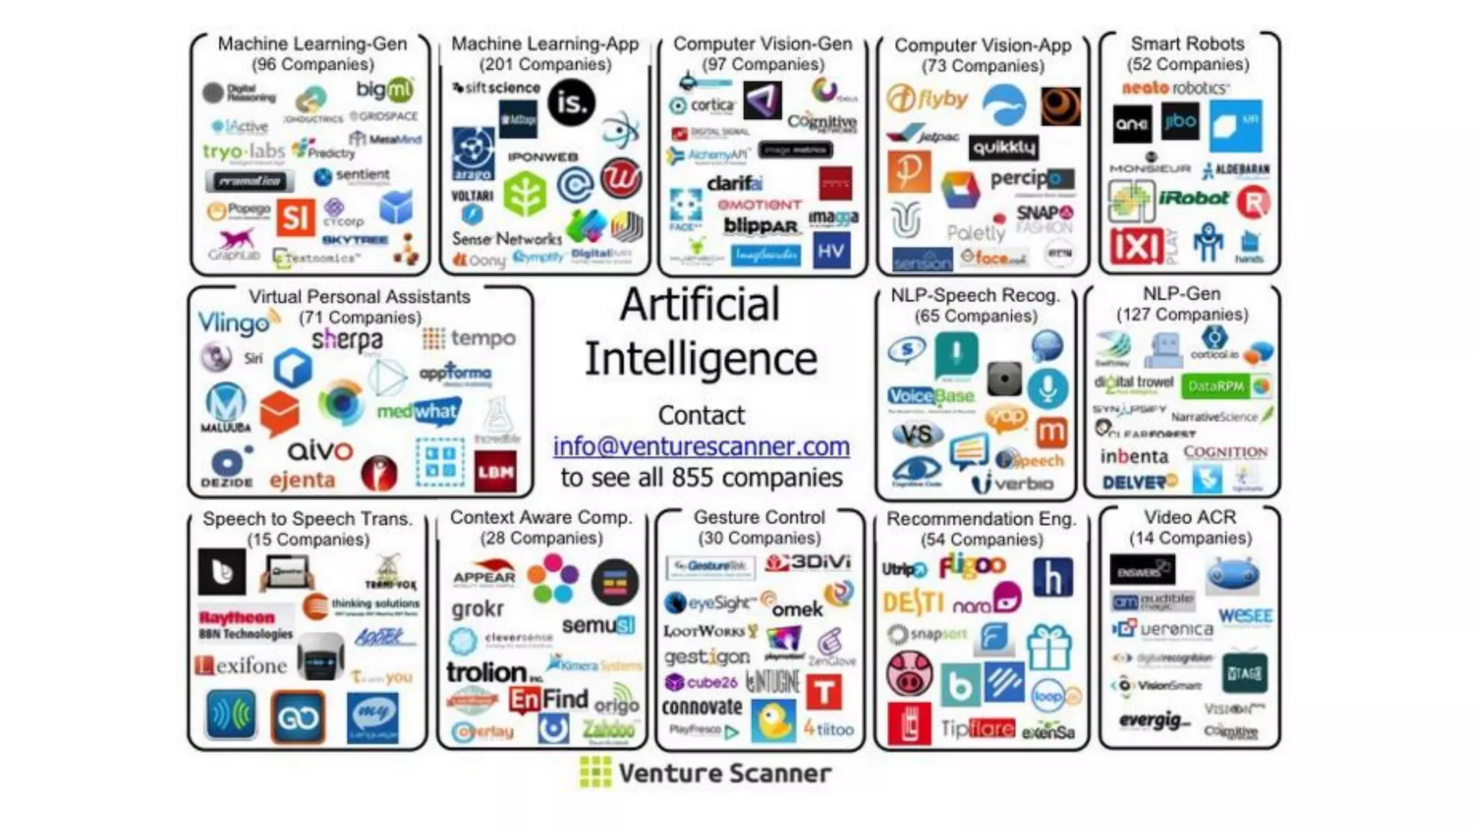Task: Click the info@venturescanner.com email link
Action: tap(701, 447)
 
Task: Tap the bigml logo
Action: tap(385, 90)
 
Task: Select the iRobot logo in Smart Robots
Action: tap(1193, 198)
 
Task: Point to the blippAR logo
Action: tap(761, 226)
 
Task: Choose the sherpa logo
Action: tap(347, 339)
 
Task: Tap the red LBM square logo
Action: tap(495, 472)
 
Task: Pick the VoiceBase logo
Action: tap(930, 396)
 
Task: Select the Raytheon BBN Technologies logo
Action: tap(246, 625)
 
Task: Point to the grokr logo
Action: tap(477, 610)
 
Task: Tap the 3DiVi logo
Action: tap(808, 563)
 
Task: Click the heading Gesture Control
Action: tap(759, 517)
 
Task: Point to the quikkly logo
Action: tap(1003, 148)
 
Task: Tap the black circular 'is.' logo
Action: tap(571, 103)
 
